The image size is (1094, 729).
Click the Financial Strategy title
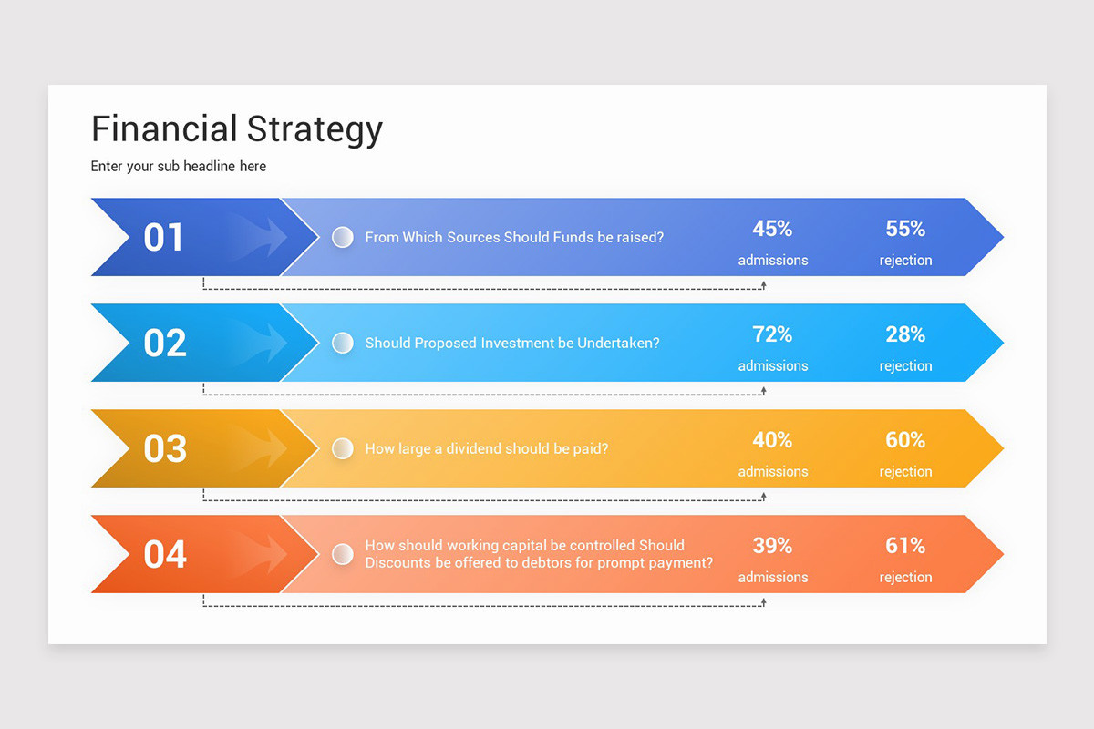[x=237, y=129]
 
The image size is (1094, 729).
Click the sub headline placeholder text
[x=179, y=166]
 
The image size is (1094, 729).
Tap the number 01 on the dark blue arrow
[x=164, y=237]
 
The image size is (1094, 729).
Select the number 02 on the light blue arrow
[x=164, y=343]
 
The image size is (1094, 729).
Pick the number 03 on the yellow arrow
[x=164, y=448]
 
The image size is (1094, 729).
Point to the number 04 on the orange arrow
[x=164, y=554]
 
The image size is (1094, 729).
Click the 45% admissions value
[x=772, y=229]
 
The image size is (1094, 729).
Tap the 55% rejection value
[x=905, y=229]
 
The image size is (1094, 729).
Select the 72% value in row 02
[x=772, y=334]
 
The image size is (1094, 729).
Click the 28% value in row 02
[x=905, y=334]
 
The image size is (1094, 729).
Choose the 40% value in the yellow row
[x=772, y=440]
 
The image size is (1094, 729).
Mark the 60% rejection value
[x=905, y=440]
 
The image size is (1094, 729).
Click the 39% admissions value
[x=772, y=546]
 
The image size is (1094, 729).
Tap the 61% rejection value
[x=905, y=546]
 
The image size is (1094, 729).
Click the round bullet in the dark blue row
[x=342, y=237]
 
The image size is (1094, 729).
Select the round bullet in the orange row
[x=342, y=554]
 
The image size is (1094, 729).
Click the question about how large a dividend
[x=486, y=448]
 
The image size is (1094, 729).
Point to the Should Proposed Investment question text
[x=511, y=343]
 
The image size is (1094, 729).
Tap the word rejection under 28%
[x=905, y=366]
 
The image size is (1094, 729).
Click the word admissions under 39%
[x=772, y=578]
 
